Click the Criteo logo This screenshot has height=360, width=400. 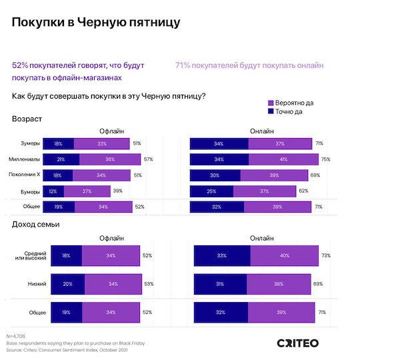coord(298,343)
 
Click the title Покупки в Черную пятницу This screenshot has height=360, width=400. coord(96,23)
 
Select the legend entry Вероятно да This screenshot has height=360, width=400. coord(290,103)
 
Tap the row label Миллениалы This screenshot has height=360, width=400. coord(25,159)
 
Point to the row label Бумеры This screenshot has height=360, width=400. coord(30,191)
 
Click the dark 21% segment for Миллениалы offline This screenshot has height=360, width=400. coord(61,159)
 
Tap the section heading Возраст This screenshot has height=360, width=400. coord(27,119)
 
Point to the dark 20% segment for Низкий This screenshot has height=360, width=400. coord(67,284)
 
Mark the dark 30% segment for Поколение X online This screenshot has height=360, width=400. coord(215,175)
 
